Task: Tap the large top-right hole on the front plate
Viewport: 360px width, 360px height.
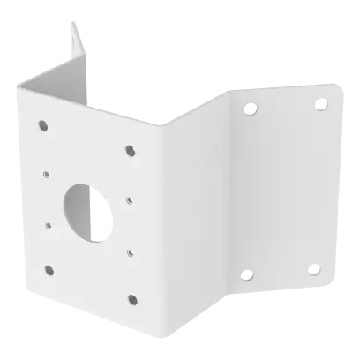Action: [x=131, y=147]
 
